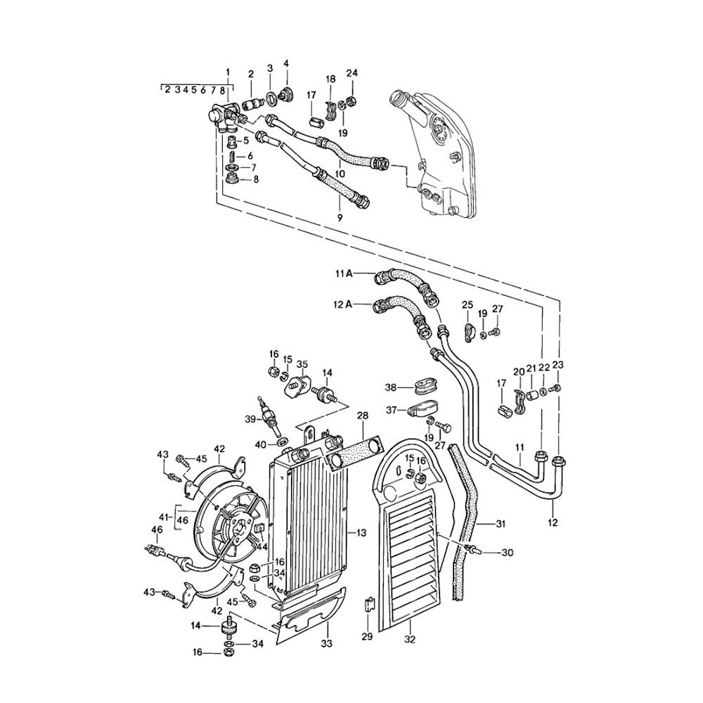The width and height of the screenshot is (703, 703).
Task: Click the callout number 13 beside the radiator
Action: click(361, 534)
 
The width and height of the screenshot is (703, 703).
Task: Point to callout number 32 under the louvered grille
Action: click(411, 639)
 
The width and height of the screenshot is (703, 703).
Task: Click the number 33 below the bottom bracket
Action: click(325, 643)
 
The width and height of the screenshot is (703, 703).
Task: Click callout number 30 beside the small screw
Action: click(508, 553)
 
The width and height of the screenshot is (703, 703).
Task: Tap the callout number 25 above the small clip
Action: click(467, 304)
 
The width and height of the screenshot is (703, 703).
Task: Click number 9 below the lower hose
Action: click(340, 218)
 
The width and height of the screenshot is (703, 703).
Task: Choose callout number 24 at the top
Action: click(352, 73)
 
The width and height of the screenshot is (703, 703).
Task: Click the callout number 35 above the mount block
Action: click(302, 364)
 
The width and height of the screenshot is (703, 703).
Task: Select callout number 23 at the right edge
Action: click(558, 364)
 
